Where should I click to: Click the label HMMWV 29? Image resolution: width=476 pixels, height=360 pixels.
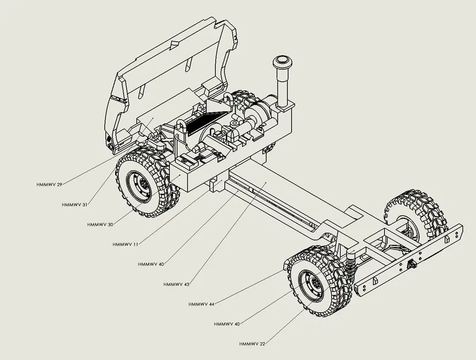click(48, 184)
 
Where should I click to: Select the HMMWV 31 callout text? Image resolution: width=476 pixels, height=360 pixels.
click(75, 204)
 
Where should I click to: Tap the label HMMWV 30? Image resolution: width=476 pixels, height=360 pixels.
click(100, 224)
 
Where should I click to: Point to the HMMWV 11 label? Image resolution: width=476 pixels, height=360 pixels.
click(126, 244)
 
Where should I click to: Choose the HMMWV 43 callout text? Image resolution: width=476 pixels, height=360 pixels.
click(176, 285)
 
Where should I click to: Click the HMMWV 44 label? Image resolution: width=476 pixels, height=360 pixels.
click(201, 304)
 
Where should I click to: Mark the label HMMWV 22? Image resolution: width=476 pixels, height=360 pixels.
click(252, 344)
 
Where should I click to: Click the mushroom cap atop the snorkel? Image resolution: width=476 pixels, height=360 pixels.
click(282, 62)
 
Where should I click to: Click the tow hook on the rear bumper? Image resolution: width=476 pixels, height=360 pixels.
click(413, 264)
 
